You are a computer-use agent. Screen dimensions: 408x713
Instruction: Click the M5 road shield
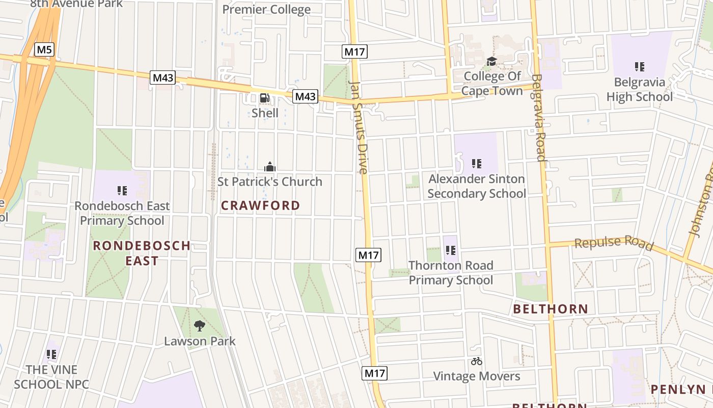(44, 49)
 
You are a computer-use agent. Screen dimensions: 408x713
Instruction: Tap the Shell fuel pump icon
(265, 98)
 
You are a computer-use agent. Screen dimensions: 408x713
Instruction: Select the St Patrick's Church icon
(270, 167)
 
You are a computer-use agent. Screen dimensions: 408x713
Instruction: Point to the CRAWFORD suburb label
(260, 206)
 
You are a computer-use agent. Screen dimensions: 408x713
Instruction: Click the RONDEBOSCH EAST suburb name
(142, 253)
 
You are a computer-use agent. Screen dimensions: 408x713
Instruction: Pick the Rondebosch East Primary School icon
(122, 191)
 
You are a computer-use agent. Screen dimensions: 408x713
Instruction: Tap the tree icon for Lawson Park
(200, 325)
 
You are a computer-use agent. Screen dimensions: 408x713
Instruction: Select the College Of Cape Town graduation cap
(491, 62)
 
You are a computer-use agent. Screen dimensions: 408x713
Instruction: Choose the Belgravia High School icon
(640, 66)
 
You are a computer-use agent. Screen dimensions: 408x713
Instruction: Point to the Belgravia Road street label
(538, 117)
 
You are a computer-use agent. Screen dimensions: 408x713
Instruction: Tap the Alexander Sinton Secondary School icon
(477, 164)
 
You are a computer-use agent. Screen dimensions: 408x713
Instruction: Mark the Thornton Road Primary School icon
(451, 250)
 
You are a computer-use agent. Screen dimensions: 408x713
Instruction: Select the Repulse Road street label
(614, 243)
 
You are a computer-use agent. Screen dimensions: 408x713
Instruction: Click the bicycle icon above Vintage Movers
(477, 361)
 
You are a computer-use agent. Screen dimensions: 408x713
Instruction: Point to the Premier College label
(266, 9)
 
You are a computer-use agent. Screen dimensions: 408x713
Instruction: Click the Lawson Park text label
(200, 341)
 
